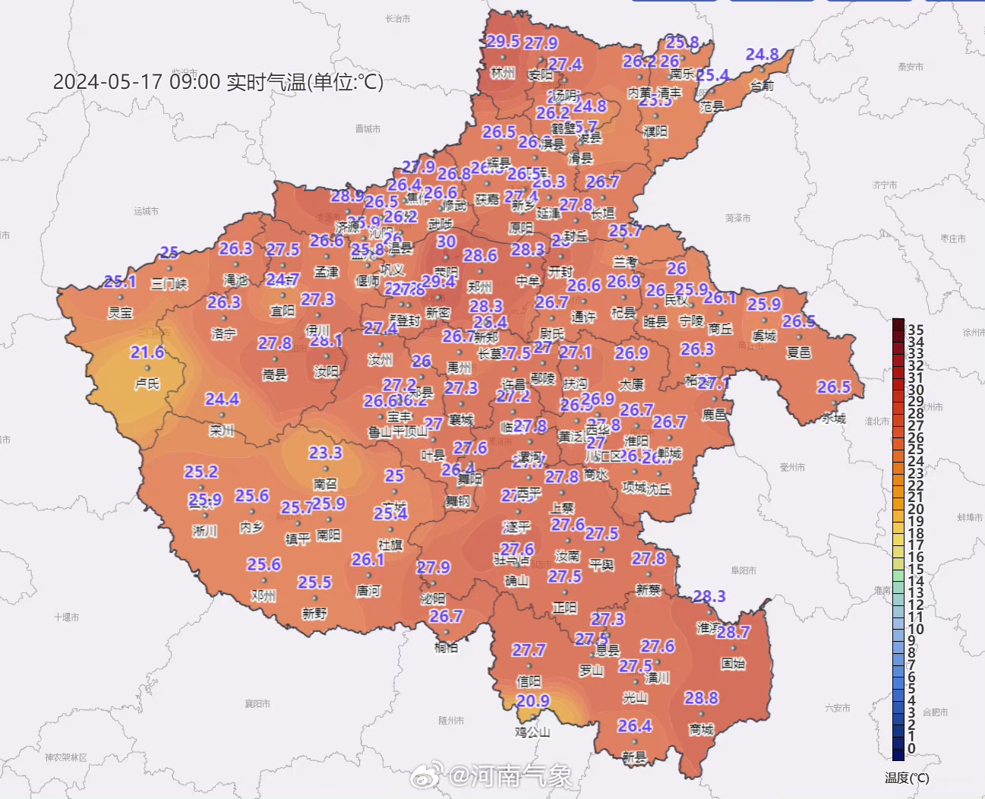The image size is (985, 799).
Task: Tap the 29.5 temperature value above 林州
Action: pos(503,41)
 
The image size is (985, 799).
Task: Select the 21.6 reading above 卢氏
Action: pos(147,352)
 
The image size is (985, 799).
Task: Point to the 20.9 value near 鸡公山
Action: pos(532,701)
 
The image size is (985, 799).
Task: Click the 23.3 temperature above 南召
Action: pos(325,453)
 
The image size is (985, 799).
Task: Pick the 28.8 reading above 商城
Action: pos(701,698)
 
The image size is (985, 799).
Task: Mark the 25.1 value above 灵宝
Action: pos(119,282)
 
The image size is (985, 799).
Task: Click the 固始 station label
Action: pos(733,663)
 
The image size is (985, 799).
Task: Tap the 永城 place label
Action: pos(833,418)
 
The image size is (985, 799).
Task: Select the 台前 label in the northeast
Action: pos(762,85)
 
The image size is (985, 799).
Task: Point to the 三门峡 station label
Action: pos(169,284)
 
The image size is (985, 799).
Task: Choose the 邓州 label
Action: pos(264,595)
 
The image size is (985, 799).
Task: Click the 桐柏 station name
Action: pos(446,647)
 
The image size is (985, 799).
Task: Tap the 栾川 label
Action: pos(222,431)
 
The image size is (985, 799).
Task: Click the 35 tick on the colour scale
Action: pos(916,330)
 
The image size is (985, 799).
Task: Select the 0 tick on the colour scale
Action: pos(911,749)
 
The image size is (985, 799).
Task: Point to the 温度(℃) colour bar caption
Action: pos(907,778)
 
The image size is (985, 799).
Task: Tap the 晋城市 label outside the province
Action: pos(368,129)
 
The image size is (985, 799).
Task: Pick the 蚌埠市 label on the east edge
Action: pos(970,517)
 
